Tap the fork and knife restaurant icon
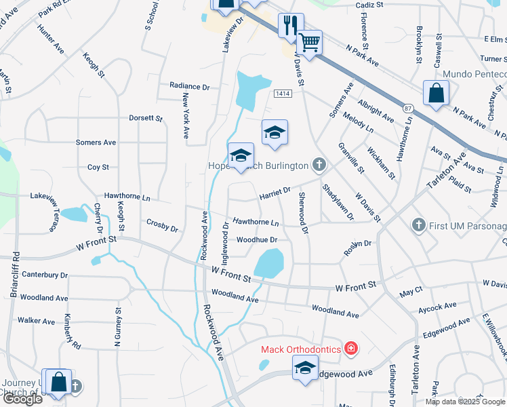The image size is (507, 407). (x=291, y=26)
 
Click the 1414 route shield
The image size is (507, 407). (x=283, y=94)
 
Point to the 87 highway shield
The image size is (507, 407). (x=407, y=107)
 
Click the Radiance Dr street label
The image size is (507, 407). (x=190, y=87)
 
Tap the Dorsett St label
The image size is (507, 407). (x=146, y=118)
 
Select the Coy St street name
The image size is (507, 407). (x=98, y=167)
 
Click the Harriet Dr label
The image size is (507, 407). (x=275, y=194)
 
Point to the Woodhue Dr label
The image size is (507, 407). (x=257, y=239)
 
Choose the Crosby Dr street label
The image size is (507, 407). (x=162, y=225)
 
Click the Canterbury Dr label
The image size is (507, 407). (x=45, y=275)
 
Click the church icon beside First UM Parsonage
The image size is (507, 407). (x=419, y=224)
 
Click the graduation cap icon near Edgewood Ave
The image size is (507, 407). (x=305, y=368)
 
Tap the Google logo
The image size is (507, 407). (x=22, y=399)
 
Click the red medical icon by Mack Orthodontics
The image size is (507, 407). (x=350, y=349)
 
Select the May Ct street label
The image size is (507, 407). (x=411, y=292)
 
